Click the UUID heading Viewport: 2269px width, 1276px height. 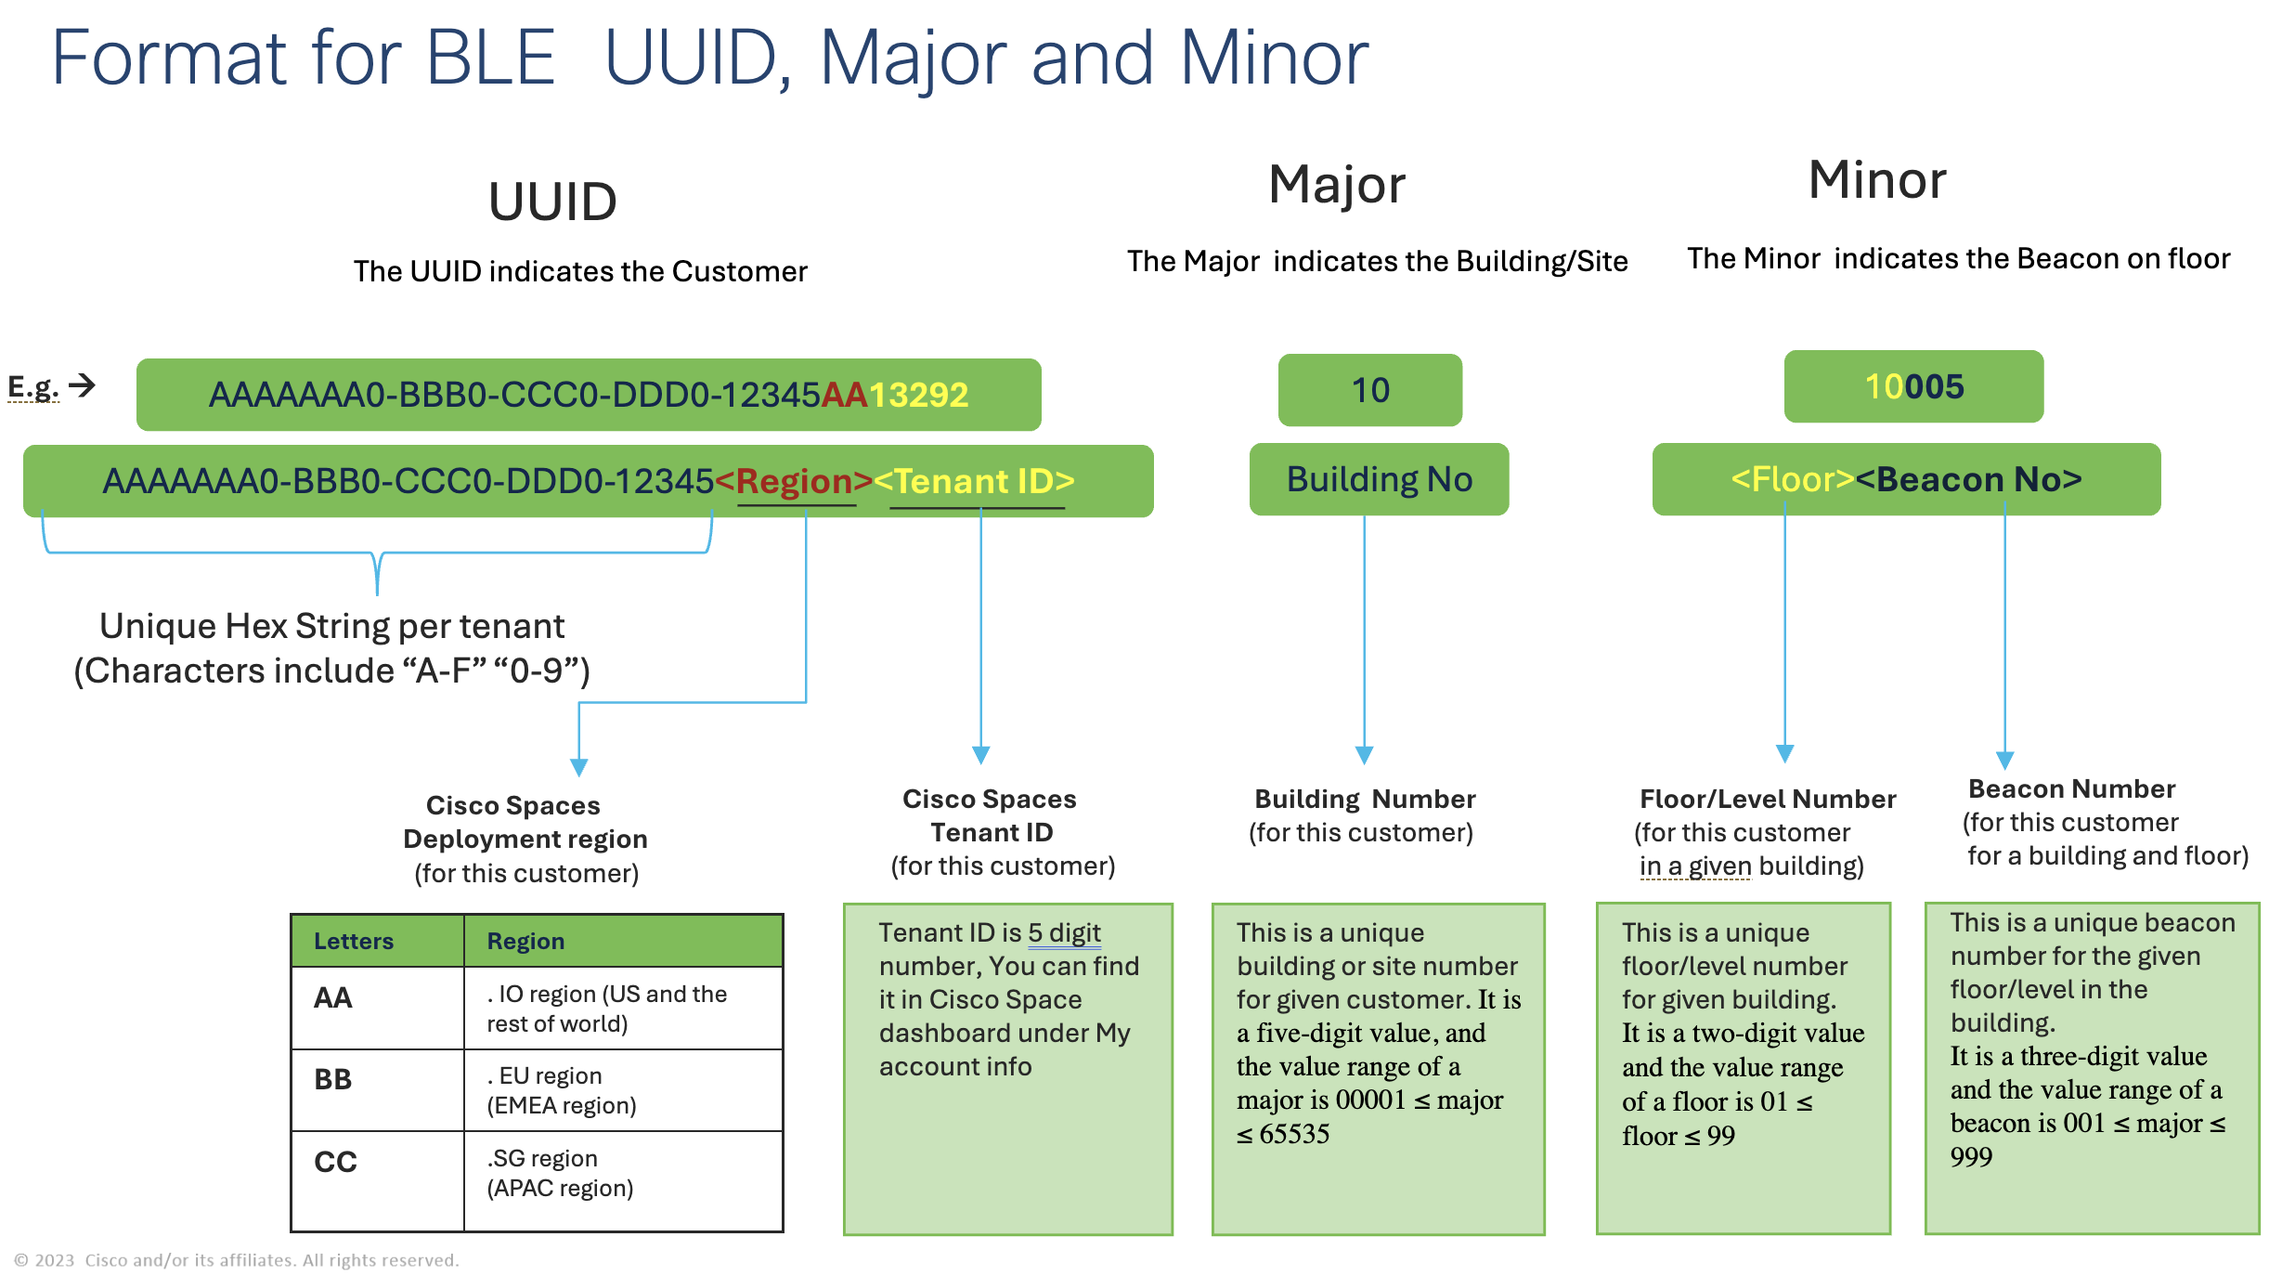click(x=552, y=202)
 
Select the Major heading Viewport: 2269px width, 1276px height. click(x=1337, y=184)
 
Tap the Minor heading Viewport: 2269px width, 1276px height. click(x=1876, y=180)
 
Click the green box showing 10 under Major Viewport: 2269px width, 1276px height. click(x=1369, y=390)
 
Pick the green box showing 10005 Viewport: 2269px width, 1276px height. click(x=1913, y=386)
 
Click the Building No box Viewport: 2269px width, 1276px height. click(x=1379, y=479)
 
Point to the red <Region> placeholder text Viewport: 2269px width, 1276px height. click(x=794, y=481)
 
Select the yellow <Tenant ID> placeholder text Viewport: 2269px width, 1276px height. click(x=975, y=481)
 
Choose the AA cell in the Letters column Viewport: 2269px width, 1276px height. click(x=333, y=998)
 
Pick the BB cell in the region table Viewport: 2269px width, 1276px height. click(x=333, y=1080)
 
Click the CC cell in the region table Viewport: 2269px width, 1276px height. click(x=335, y=1162)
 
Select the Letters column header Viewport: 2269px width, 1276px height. click(x=354, y=942)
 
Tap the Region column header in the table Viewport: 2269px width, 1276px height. click(x=525, y=942)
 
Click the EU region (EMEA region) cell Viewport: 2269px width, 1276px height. click(x=562, y=1090)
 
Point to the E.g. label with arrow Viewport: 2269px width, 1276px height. click(x=51, y=386)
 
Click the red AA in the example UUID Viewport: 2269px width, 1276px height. click(x=844, y=396)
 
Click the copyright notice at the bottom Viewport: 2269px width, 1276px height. click(x=237, y=1260)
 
